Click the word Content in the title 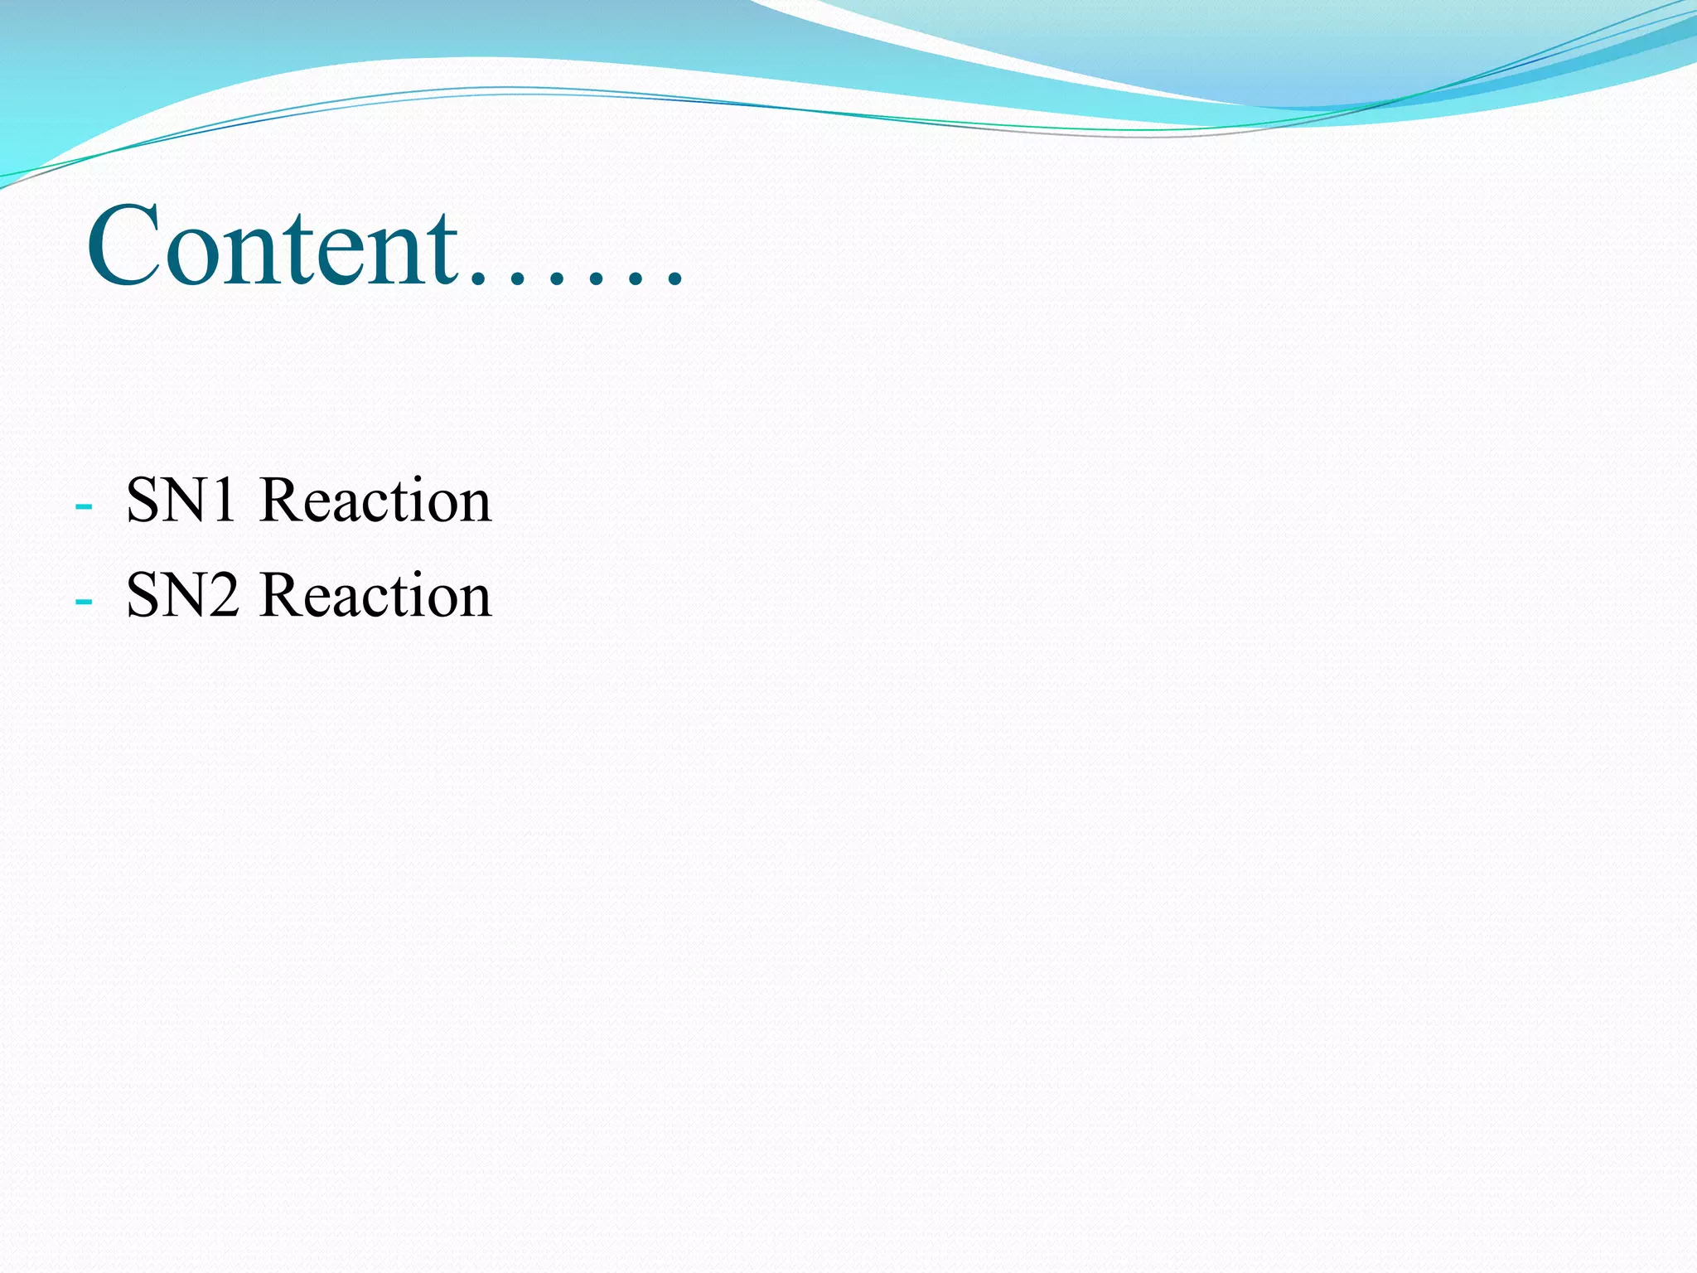(x=273, y=246)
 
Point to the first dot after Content (x=478, y=281)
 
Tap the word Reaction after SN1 (x=375, y=501)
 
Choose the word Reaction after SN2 (x=375, y=595)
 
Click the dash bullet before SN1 (x=83, y=505)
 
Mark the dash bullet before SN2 (x=83, y=599)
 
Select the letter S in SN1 (x=143, y=501)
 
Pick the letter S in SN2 (x=143, y=595)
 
